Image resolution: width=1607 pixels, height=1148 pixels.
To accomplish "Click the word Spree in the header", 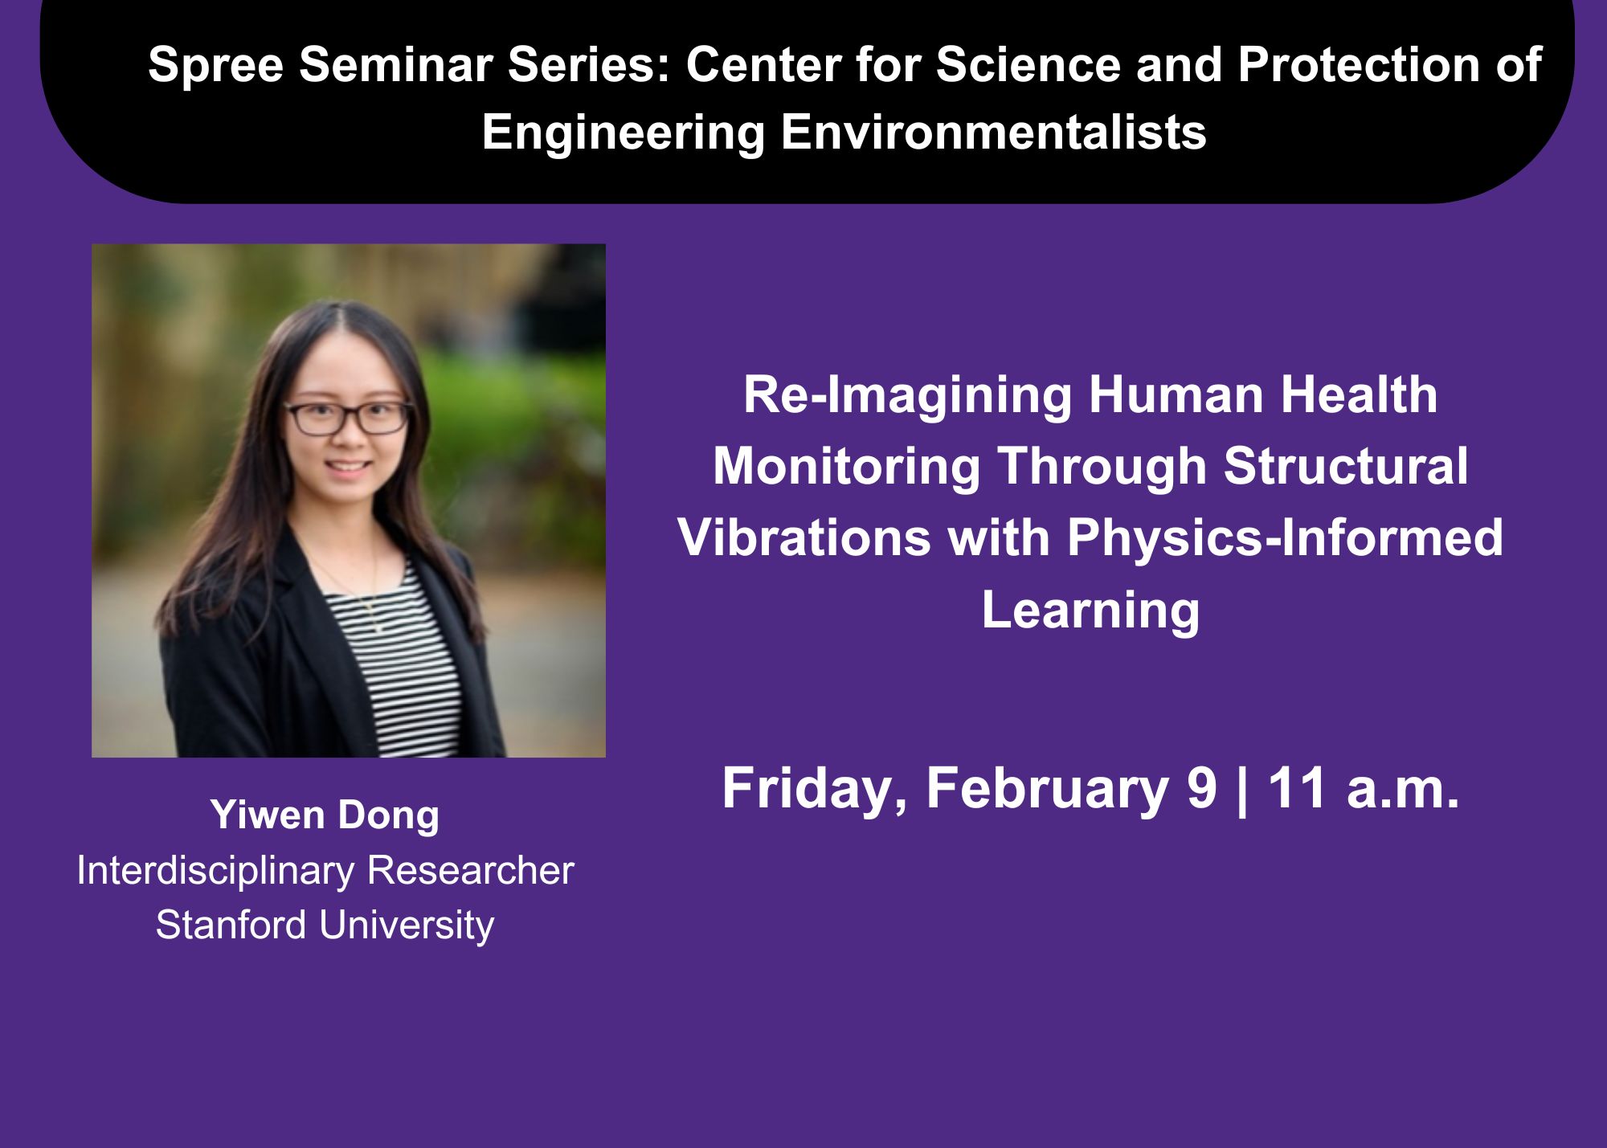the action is (x=215, y=66).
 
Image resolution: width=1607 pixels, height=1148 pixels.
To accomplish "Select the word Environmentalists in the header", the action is (x=993, y=132).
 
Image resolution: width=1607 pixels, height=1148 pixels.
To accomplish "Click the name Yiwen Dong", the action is (x=325, y=816).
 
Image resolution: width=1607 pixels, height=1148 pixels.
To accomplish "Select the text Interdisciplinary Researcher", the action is (x=325, y=871).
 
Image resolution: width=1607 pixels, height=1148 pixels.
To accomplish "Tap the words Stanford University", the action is (x=325, y=925).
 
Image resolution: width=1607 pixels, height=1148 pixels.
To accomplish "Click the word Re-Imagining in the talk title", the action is (x=907, y=397).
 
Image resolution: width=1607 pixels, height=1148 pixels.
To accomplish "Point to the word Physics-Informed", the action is (x=1285, y=538).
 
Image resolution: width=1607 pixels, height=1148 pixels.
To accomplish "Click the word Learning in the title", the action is (x=1090, y=611).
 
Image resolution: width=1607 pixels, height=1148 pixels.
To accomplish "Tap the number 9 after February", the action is (x=1201, y=789).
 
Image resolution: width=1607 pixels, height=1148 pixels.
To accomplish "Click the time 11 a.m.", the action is (x=1364, y=789).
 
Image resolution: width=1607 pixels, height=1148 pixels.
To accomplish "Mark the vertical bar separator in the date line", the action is (x=1243, y=791).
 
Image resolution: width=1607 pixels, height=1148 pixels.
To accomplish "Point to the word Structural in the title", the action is (x=1346, y=467).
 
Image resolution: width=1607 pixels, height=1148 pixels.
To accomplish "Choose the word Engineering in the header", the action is (x=624, y=133).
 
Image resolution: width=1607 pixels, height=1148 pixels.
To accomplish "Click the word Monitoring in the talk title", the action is (x=847, y=468).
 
